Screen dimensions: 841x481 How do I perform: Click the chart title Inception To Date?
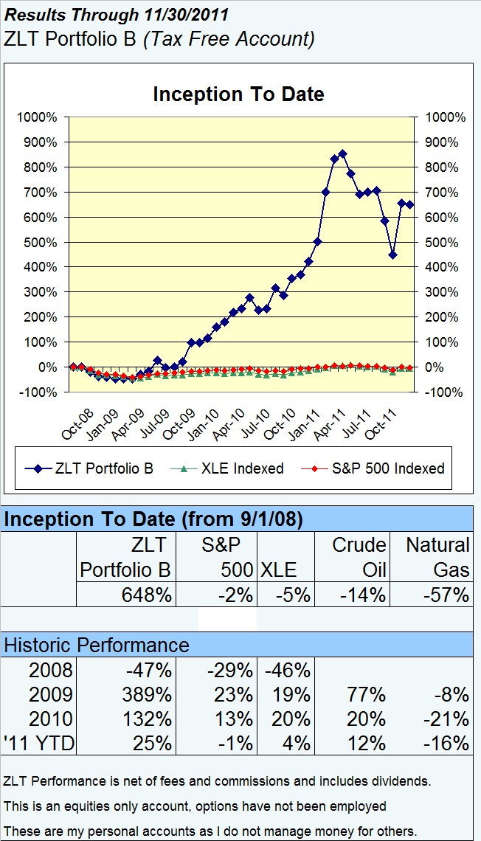238,94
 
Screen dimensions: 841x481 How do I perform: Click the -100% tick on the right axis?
444,392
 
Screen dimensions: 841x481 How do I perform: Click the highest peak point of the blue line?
342,153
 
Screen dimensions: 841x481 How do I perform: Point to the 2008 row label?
50,671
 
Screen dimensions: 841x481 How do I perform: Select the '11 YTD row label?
40,743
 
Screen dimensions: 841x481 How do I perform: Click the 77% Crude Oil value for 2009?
367,695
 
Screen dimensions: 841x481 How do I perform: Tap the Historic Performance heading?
97,645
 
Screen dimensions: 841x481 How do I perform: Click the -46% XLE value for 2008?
290,671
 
